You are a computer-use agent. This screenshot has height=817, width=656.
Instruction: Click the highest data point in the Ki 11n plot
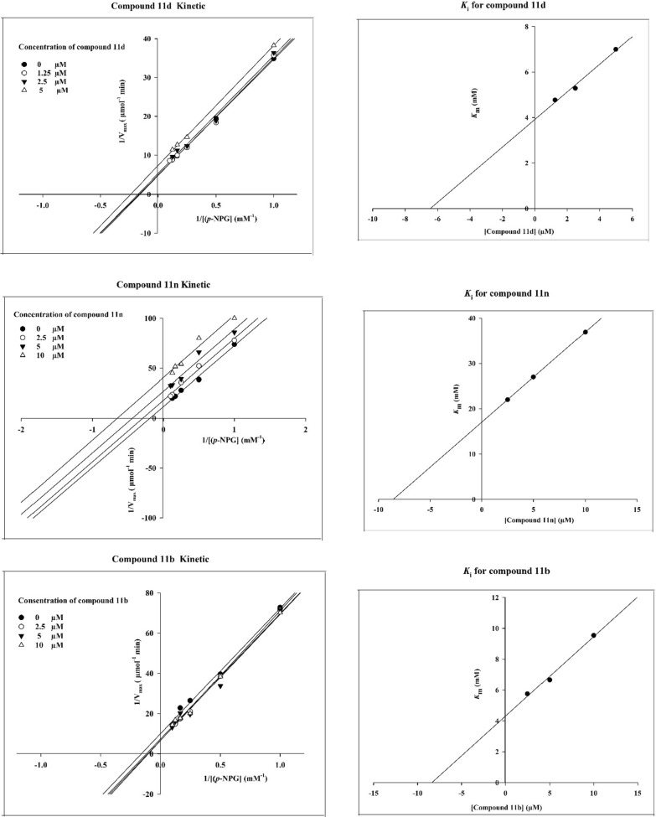click(x=585, y=332)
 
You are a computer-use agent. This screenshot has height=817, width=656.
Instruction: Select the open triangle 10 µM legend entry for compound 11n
click(x=42, y=355)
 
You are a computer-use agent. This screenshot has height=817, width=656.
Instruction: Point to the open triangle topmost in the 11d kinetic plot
click(x=273, y=44)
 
